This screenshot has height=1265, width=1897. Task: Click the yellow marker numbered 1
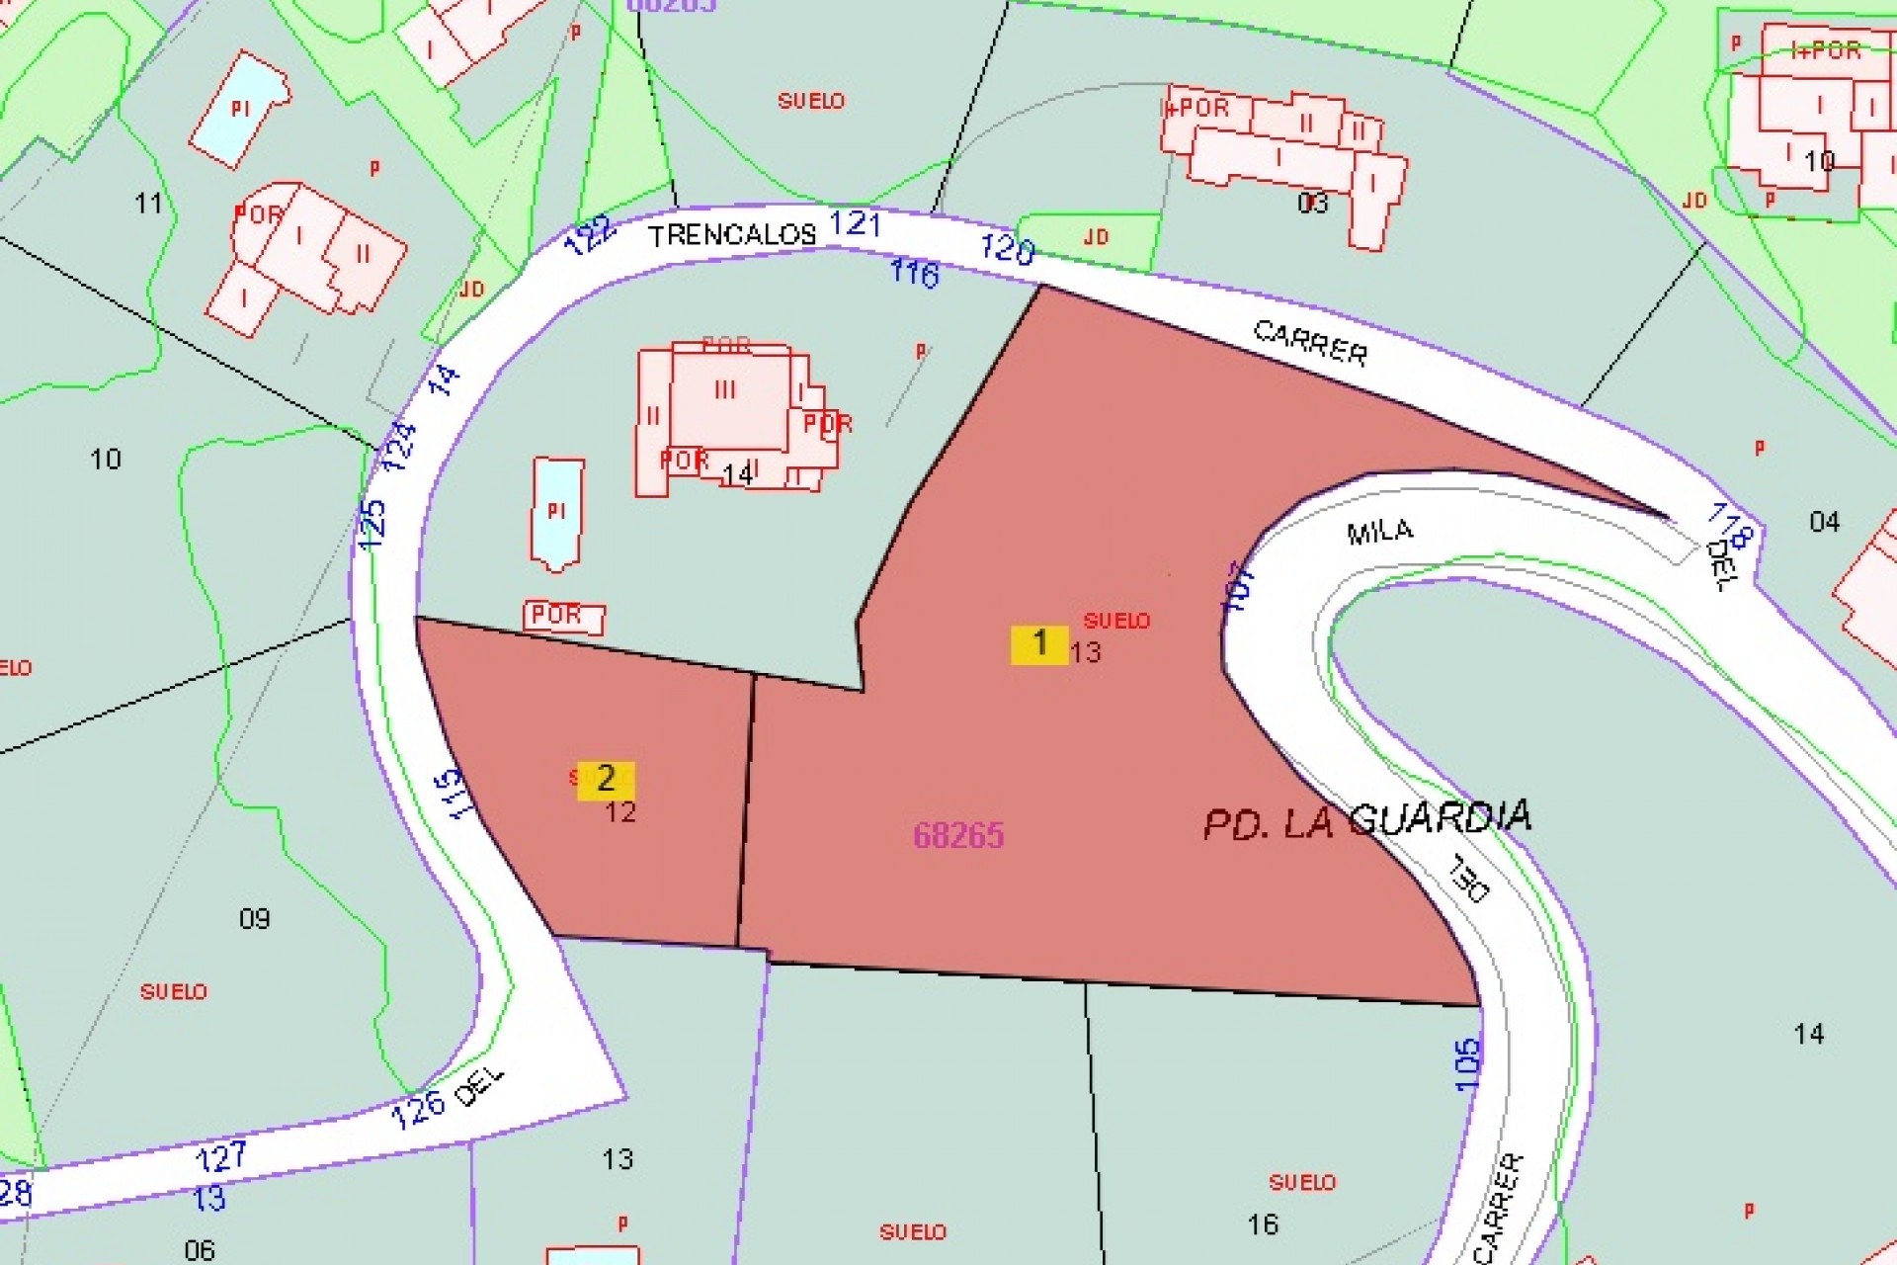(1038, 644)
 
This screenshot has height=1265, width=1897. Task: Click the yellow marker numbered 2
(606, 780)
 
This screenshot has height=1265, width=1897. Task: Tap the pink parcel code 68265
(958, 836)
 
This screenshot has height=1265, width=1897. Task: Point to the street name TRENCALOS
(732, 235)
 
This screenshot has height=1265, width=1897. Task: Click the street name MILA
(1380, 532)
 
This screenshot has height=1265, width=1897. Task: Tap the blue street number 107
(1239, 587)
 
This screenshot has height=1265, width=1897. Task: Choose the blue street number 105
(1468, 1064)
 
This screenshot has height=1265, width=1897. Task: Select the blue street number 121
(855, 223)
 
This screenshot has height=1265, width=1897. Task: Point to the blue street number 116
(914, 272)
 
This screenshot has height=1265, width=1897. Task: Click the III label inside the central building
(725, 390)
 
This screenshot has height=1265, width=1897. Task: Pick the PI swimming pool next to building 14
(556, 512)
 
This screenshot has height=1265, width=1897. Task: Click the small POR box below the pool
(563, 616)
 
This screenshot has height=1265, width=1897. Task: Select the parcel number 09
(255, 919)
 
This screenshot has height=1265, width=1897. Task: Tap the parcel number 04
(1824, 522)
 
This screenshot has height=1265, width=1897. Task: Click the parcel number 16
(1263, 1224)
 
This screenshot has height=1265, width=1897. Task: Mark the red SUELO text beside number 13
(1116, 621)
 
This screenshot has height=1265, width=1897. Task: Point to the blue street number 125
(372, 525)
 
